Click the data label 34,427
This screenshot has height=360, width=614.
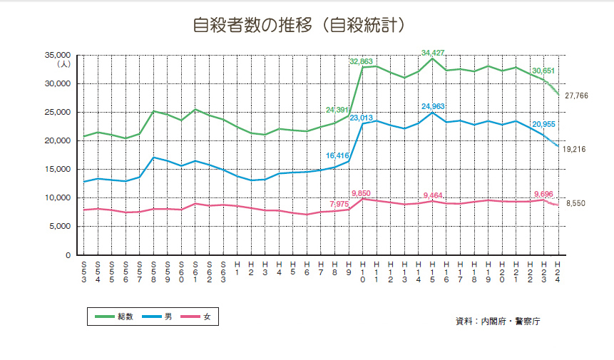432,53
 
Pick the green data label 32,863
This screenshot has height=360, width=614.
361,61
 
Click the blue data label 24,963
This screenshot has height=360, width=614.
432,106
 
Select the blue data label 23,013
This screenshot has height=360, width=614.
362,118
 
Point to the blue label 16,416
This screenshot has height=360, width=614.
337,155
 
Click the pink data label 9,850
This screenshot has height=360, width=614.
361,193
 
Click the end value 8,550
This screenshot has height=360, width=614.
575,204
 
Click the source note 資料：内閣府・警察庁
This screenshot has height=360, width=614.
497,322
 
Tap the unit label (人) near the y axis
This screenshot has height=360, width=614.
63,64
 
